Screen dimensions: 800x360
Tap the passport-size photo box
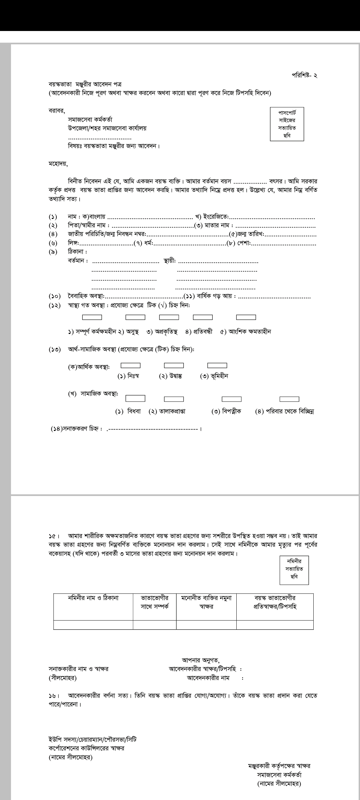[x=287, y=124]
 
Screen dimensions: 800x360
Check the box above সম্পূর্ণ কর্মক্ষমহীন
[x=92, y=317]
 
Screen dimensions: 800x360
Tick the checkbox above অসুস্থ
[x=135, y=317]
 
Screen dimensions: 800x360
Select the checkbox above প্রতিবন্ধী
[x=203, y=317]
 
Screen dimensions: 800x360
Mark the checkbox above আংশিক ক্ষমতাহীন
[x=246, y=317]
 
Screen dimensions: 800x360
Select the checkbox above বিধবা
[x=135, y=398]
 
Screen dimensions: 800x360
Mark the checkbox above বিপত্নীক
[x=232, y=399]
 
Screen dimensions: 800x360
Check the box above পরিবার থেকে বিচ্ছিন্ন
[x=289, y=399]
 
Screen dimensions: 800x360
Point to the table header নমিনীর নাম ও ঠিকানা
[x=93, y=598]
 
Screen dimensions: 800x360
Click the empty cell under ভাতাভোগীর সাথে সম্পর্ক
[x=155, y=625]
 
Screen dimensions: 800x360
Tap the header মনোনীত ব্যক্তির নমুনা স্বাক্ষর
[x=206, y=602]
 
